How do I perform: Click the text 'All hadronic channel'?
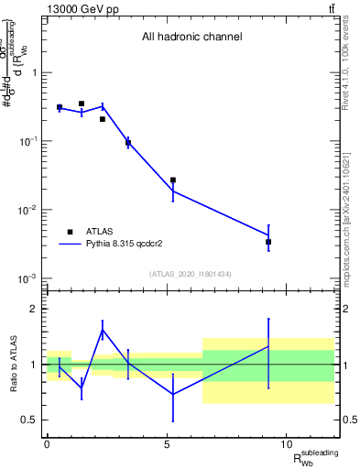[x=191, y=38]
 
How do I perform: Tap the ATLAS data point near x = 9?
[x=268, y=242]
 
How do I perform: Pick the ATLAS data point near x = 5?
[x=172, y=180]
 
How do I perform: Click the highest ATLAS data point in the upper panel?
[x=82, y=104]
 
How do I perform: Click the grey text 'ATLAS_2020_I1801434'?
[x=191, y=275]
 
